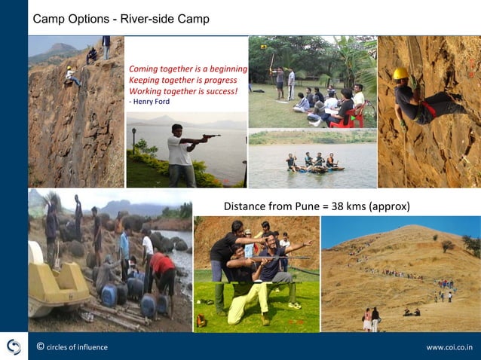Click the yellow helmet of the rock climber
(x=400, y=73)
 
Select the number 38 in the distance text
(x=344, y=206)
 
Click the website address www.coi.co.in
(x=449, y=347)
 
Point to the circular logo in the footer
(x=14, y=346)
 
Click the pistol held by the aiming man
(x=210, y=137)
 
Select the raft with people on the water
(x=314, y=168)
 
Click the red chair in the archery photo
(x=355, y=116)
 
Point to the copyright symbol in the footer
(x=40, y=346)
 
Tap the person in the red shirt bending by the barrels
(x=161, y=268)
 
